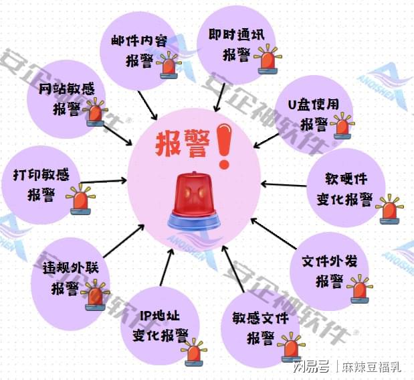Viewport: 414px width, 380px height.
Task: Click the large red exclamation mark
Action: point(224,146)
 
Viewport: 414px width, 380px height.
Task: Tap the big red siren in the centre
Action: point(194,202)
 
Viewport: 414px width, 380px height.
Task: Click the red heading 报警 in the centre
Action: point(183,143)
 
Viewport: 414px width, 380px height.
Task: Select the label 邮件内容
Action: point(139,42)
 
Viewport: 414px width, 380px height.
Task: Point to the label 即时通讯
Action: point(236,35)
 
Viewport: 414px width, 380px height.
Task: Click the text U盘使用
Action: point(314,105)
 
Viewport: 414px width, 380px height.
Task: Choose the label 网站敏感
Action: point(66,88)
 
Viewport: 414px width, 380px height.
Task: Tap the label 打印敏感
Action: point(41,175)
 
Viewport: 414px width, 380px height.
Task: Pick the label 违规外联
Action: point(70,267)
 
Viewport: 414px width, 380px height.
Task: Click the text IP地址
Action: point(160,316)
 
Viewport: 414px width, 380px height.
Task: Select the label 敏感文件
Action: point(260,318)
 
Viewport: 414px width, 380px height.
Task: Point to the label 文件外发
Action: point(330,261)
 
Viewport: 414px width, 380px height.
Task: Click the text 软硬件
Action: point(346,178)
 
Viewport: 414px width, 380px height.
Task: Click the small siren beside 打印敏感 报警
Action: point(80,200)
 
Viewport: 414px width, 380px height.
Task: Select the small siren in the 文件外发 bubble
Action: point(360,289)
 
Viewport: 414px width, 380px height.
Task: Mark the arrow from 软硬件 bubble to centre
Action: point(284,184)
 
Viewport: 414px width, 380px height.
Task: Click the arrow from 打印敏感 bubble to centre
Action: point(103,182)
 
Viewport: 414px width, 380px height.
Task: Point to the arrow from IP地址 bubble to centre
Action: point(167,267)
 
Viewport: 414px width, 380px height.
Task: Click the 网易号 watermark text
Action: point(311,367)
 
